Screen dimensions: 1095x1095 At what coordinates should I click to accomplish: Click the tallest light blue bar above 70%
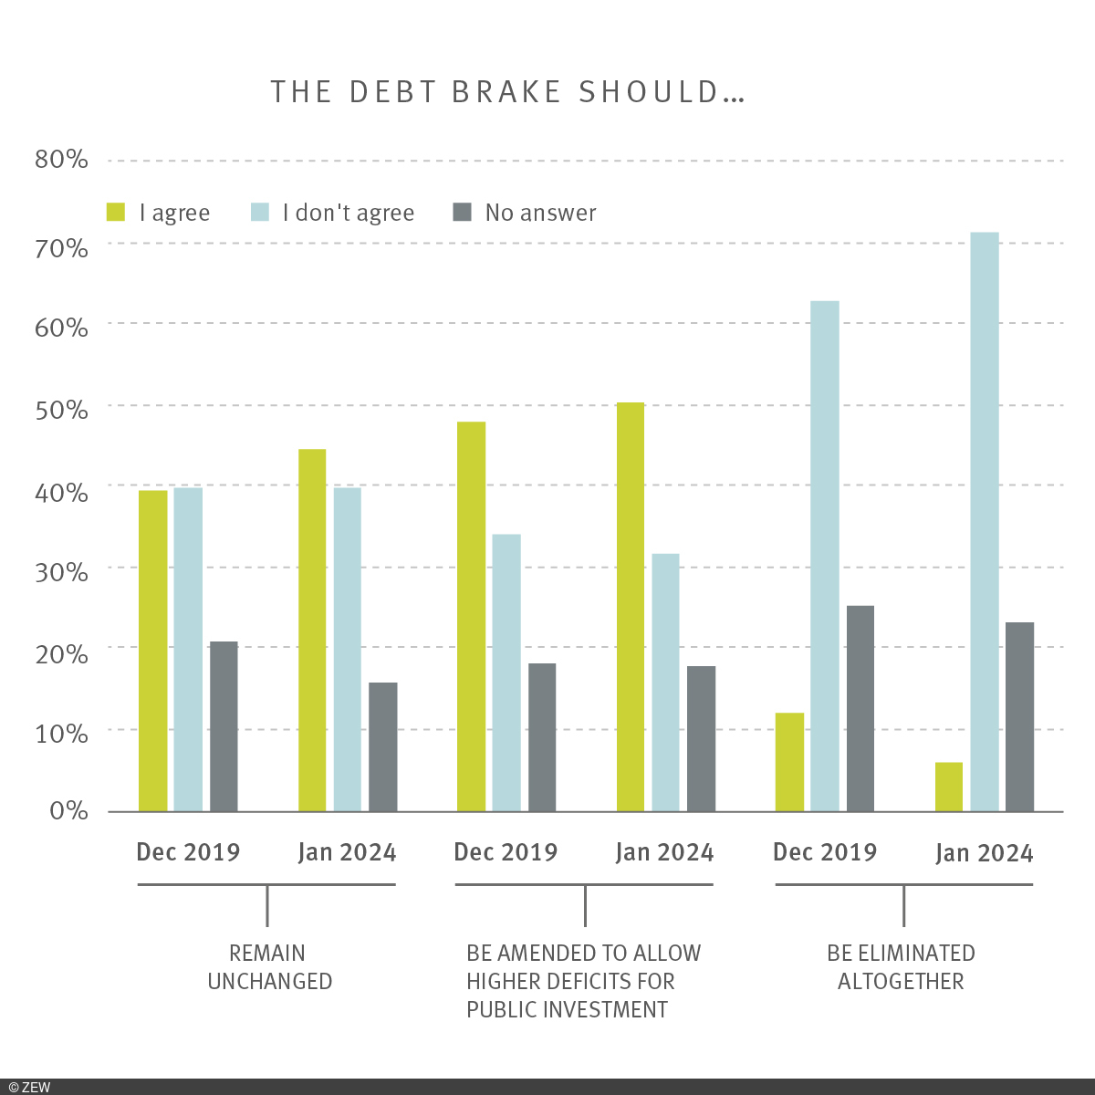coord(985,521)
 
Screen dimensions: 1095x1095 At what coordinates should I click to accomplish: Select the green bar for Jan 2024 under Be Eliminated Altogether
coord(949,787)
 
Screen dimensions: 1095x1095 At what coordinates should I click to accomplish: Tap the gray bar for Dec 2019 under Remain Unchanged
coord(224,726)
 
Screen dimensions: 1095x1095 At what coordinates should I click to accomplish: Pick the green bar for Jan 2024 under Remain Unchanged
coord(312,630)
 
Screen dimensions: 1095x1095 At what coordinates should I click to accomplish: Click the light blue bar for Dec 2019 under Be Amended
coord(506,673)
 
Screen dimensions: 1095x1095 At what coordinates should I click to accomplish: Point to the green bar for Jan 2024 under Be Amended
coord(630,607)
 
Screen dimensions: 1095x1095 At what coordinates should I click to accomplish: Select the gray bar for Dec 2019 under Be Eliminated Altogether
coord(860,708)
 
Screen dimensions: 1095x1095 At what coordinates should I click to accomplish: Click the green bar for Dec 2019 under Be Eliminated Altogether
coord(789,762)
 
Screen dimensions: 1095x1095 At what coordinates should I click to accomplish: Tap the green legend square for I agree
coord(116,213)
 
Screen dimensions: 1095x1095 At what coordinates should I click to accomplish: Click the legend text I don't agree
coord(349,213)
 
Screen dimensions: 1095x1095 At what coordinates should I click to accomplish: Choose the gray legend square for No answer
coord(463,213)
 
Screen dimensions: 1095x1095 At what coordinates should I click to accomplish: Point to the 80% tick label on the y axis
coord(61,160)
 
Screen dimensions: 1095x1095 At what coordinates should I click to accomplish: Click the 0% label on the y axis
coord(68,810)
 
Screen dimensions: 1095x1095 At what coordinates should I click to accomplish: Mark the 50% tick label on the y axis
coord(61,410)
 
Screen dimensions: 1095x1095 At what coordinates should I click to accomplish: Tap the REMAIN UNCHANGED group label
coord(269,967)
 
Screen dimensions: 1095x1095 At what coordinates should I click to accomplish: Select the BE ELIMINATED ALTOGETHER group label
coord(901,967)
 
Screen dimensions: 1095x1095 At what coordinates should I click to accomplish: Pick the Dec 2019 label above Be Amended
coord(506,852)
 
